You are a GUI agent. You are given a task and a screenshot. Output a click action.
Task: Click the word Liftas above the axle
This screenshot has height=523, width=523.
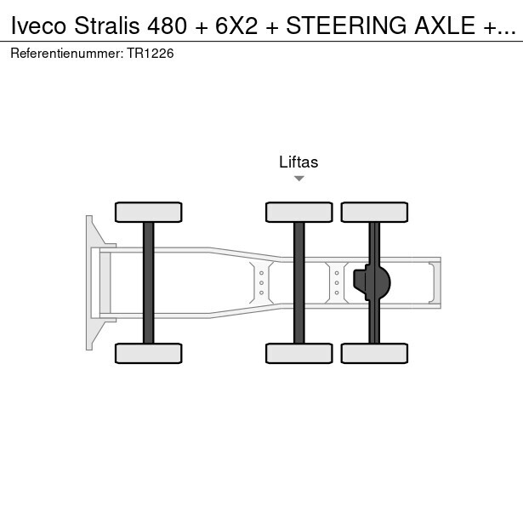pos(298,162)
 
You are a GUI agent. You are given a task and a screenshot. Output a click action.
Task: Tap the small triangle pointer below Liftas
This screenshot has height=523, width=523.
pos(299,179)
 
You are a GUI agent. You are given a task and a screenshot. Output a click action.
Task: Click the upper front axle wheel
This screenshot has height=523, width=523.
pos(149,212)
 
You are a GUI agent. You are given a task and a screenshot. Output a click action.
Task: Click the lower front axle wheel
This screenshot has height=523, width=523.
pos(149,353)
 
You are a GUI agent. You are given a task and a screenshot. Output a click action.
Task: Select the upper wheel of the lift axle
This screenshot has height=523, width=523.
pos(299,212)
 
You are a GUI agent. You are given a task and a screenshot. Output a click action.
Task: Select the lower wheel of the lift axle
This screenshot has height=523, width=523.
pos(299,353)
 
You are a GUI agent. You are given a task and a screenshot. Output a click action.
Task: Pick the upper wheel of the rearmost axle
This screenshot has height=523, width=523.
pos(374,212)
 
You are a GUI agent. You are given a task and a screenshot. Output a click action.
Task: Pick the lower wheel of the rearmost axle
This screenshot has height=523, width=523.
pos(374,353)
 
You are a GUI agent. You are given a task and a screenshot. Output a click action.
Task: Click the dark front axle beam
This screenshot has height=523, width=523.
pos(149,283)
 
